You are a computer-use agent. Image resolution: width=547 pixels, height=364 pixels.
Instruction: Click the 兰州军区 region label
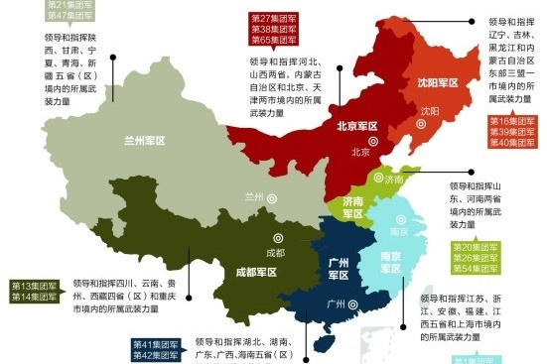click(x=144, y=141)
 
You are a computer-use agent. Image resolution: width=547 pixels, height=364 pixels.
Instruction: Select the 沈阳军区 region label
click(x=438, y=83)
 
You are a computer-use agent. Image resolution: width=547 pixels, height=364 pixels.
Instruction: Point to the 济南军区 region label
click(x=352, y=206)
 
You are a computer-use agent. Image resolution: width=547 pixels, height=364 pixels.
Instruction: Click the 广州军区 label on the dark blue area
click(x=338, y=268)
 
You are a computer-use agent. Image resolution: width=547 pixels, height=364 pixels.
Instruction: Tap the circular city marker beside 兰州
click(x=270, y=197)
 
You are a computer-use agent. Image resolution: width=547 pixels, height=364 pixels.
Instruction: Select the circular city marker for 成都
click(x=266, y=238)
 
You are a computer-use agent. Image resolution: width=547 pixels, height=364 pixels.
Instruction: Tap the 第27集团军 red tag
click(x=274, y=19)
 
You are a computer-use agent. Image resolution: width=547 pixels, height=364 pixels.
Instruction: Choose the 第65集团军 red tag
click(x=274, y=41)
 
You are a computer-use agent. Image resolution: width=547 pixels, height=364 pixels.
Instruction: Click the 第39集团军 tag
click(x=513, y=132)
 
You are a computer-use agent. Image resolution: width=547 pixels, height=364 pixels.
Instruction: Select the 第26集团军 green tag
click(x=478, y=258)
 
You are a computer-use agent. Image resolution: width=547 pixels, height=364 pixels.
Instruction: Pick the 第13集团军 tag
click(x=37, y=286)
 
